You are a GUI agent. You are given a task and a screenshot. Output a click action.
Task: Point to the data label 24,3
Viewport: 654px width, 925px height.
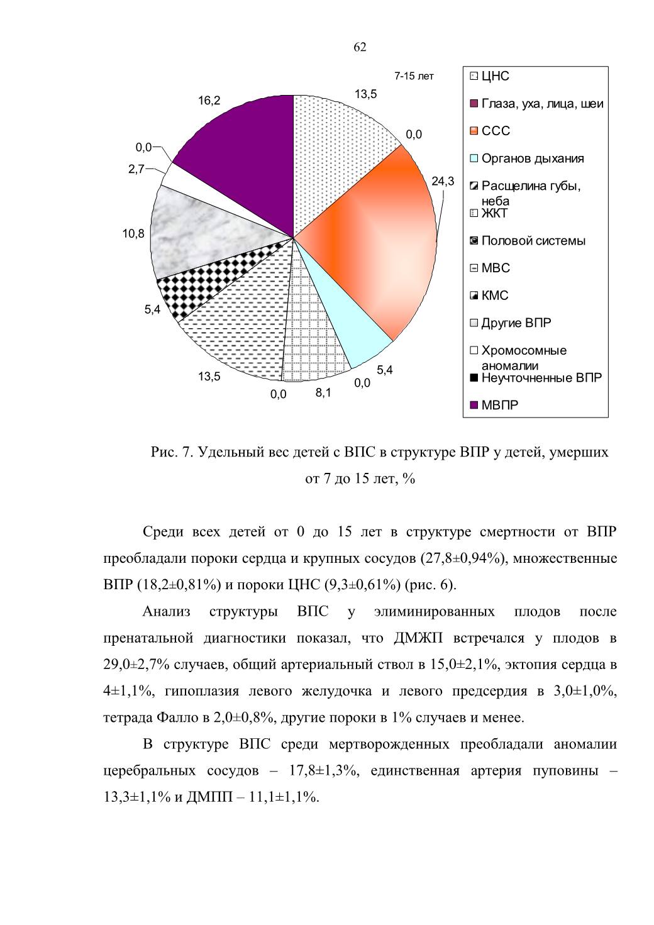click(443, 181)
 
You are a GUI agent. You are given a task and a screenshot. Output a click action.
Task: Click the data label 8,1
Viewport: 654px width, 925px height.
click(323, 393)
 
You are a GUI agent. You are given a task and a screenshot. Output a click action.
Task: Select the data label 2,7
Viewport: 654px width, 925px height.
click(136, 169)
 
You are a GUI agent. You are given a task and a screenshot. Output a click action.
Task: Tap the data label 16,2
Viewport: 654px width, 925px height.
click(209, 101)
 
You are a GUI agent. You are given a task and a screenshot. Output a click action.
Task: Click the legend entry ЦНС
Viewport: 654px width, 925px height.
click(496, 76)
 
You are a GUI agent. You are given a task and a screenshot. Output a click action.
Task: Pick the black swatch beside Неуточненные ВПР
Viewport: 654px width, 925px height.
click(474, 377)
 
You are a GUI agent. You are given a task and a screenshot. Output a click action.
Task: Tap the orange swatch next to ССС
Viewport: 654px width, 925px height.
click(474, 131)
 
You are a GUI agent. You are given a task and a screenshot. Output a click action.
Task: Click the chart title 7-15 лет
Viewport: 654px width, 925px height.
click(414, 76)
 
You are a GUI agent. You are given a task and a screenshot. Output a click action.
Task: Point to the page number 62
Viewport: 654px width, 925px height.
click(360, 47)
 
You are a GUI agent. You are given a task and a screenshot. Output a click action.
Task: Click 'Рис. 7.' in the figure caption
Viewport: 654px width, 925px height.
click(172, 453)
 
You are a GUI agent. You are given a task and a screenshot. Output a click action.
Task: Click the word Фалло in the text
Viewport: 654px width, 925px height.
click(178, 717)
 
